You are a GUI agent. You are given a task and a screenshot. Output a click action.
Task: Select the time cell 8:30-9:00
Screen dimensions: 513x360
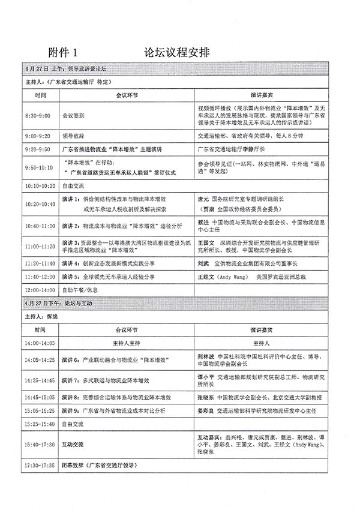(37, 115)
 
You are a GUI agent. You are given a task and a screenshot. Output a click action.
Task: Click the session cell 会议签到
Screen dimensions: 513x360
(74, 115)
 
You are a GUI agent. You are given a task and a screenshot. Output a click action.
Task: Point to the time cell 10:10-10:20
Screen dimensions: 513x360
(40, 186)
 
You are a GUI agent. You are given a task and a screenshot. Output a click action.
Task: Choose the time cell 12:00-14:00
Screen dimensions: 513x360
(40, 289)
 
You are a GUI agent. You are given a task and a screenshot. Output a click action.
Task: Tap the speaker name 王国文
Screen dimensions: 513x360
(207, 242)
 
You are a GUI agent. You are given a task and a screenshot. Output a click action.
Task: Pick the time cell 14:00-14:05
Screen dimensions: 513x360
(40, 343)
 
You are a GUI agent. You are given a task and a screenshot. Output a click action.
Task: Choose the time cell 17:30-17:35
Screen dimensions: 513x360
(40, 465)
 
